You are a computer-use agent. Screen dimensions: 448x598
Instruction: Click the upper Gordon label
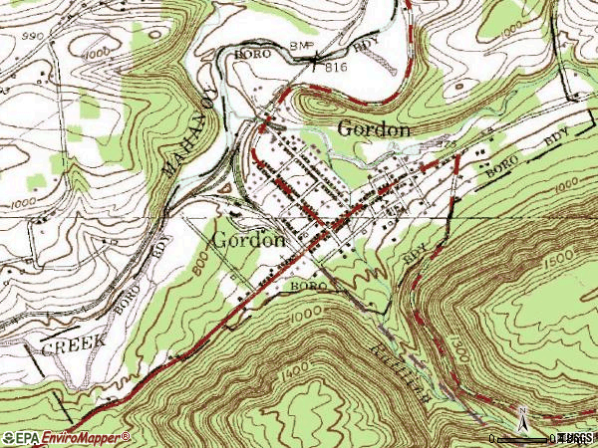[x=375, y=128]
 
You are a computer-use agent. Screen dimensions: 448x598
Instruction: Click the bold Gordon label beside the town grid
[x=249, y=240]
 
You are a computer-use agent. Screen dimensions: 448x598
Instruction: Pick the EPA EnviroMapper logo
[x=66, y=437]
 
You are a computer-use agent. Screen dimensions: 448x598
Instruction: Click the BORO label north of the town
[x=253, y=54]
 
